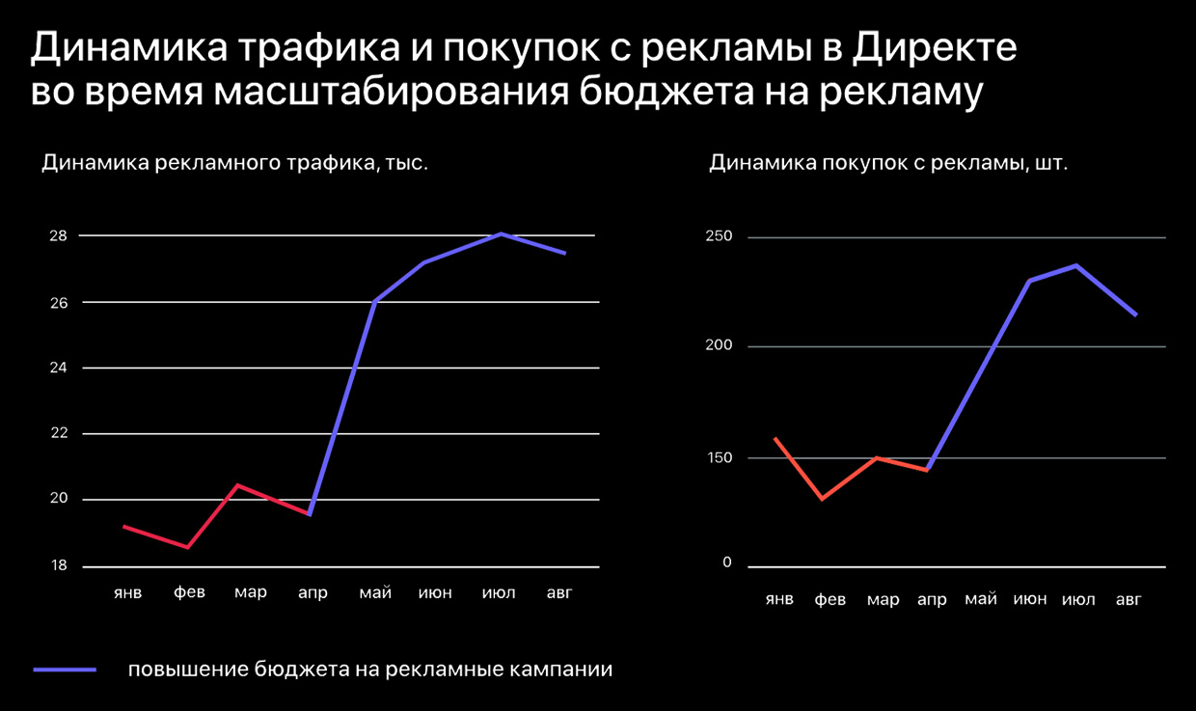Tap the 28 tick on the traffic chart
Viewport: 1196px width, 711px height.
[x=59, y=236]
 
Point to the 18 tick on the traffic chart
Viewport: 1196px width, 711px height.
[x=59, y=565]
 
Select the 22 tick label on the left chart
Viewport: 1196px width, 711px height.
[x=59, y=433]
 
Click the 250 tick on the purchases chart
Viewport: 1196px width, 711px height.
[x=720, y=237]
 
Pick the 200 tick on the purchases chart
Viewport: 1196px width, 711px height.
[x=720, y=346]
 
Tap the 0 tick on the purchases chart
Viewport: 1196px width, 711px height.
[x=727, y=563]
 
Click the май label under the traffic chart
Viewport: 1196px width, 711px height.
[x=375, y=592]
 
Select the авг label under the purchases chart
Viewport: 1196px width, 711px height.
[x=1128, y=599]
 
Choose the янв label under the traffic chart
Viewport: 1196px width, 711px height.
[x=127, y=592]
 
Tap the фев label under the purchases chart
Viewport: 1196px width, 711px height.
[x=830, y=599]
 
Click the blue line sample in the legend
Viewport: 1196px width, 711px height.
[x=65, y=670]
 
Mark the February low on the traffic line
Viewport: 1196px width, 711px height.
[x=187, y=547]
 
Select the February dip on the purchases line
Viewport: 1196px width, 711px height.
[x=822, y=498]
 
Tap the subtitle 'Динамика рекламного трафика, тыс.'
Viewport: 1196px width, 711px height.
[x=234, y=163]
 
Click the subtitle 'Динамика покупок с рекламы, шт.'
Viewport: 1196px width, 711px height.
[x=888, y=163]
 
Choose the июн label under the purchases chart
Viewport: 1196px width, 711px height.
[x=1030, y=599]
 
